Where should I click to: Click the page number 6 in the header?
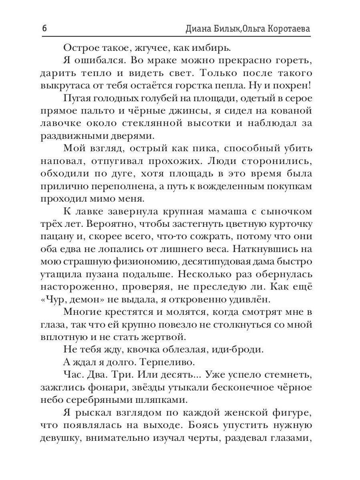tap(44, 29)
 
